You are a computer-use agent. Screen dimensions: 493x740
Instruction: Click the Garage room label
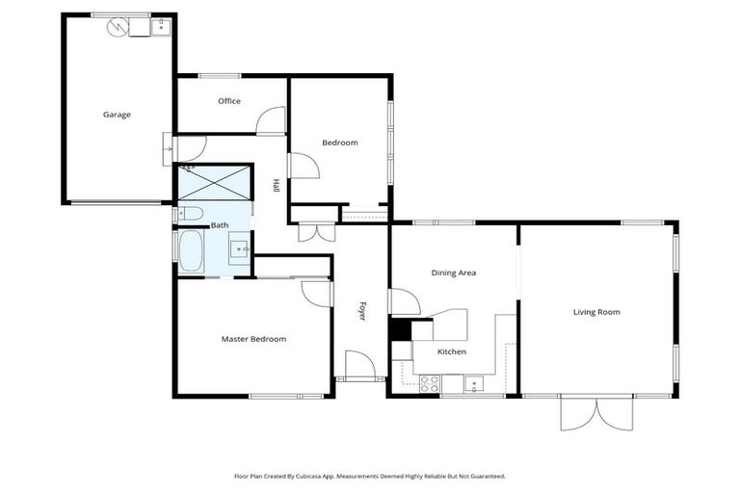pos(117,115)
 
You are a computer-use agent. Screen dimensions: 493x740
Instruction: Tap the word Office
pos(228,101)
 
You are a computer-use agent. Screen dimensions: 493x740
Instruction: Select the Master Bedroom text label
pos(253,339)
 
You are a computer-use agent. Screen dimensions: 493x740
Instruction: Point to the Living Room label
pos(596,312)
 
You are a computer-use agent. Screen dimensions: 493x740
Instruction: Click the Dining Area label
pos(453,273)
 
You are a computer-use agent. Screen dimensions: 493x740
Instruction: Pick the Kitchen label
pos(452,352)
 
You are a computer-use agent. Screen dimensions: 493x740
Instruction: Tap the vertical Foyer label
pos(362,312)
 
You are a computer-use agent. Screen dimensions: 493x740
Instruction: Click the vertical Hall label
pos(276,186)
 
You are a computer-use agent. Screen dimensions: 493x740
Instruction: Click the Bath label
pos(220,225)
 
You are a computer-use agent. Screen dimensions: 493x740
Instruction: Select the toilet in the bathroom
pos(189,214)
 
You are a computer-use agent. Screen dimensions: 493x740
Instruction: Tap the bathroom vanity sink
pos(241,249)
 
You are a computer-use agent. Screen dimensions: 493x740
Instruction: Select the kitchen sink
pos(473,385)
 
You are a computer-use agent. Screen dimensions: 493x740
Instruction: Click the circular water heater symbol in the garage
pos(118,26)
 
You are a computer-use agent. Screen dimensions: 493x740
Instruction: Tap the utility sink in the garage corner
pos(160,27)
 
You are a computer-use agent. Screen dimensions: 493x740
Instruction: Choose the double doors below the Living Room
pos(596,413)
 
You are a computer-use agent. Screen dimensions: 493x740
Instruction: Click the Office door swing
pos(273,121)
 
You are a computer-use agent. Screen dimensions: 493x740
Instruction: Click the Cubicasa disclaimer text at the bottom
pos(370,476)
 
